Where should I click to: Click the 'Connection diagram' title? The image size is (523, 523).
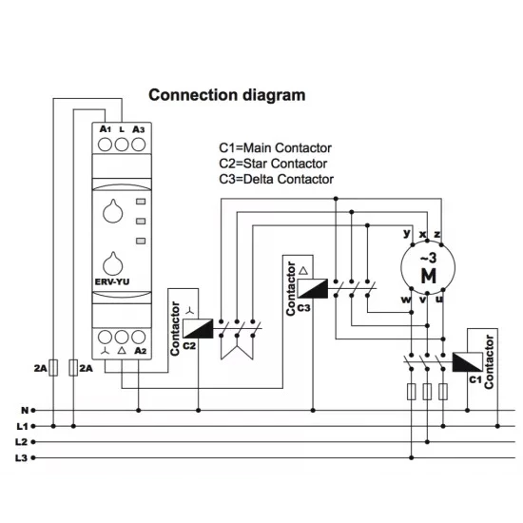227,95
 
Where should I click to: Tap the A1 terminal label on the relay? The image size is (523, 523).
105,128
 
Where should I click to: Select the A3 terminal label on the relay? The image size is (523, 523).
139,129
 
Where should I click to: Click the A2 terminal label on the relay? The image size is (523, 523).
141,351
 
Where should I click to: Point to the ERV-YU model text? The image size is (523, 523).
112,281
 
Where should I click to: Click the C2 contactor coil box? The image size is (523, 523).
198,329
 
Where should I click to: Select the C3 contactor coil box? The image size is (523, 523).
313,288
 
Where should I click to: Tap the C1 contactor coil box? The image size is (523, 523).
467,362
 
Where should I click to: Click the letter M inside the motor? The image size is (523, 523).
429,276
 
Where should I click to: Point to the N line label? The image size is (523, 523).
25,410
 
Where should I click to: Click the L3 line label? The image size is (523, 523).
21,458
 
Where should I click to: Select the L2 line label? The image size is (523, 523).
21,442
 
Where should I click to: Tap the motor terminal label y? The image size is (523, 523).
407,234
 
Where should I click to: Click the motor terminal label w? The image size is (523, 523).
406,300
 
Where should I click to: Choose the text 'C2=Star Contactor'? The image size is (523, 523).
273,164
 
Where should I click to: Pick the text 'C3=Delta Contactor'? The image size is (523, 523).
276,180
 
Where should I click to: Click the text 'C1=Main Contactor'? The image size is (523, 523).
275,148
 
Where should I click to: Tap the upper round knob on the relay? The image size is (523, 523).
113,211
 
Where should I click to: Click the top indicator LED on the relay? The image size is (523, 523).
141,202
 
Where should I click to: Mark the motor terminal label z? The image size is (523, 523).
437,235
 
